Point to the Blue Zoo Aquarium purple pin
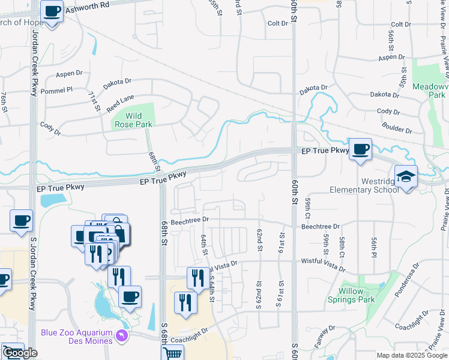[123, 334]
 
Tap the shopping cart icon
[173, 353]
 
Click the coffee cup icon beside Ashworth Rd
[52, 10]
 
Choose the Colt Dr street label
[278, 23]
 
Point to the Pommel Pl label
[60, 89]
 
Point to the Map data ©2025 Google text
[412, 355]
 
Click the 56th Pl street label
[373, 245]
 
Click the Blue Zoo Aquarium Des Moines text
[76, 337]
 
